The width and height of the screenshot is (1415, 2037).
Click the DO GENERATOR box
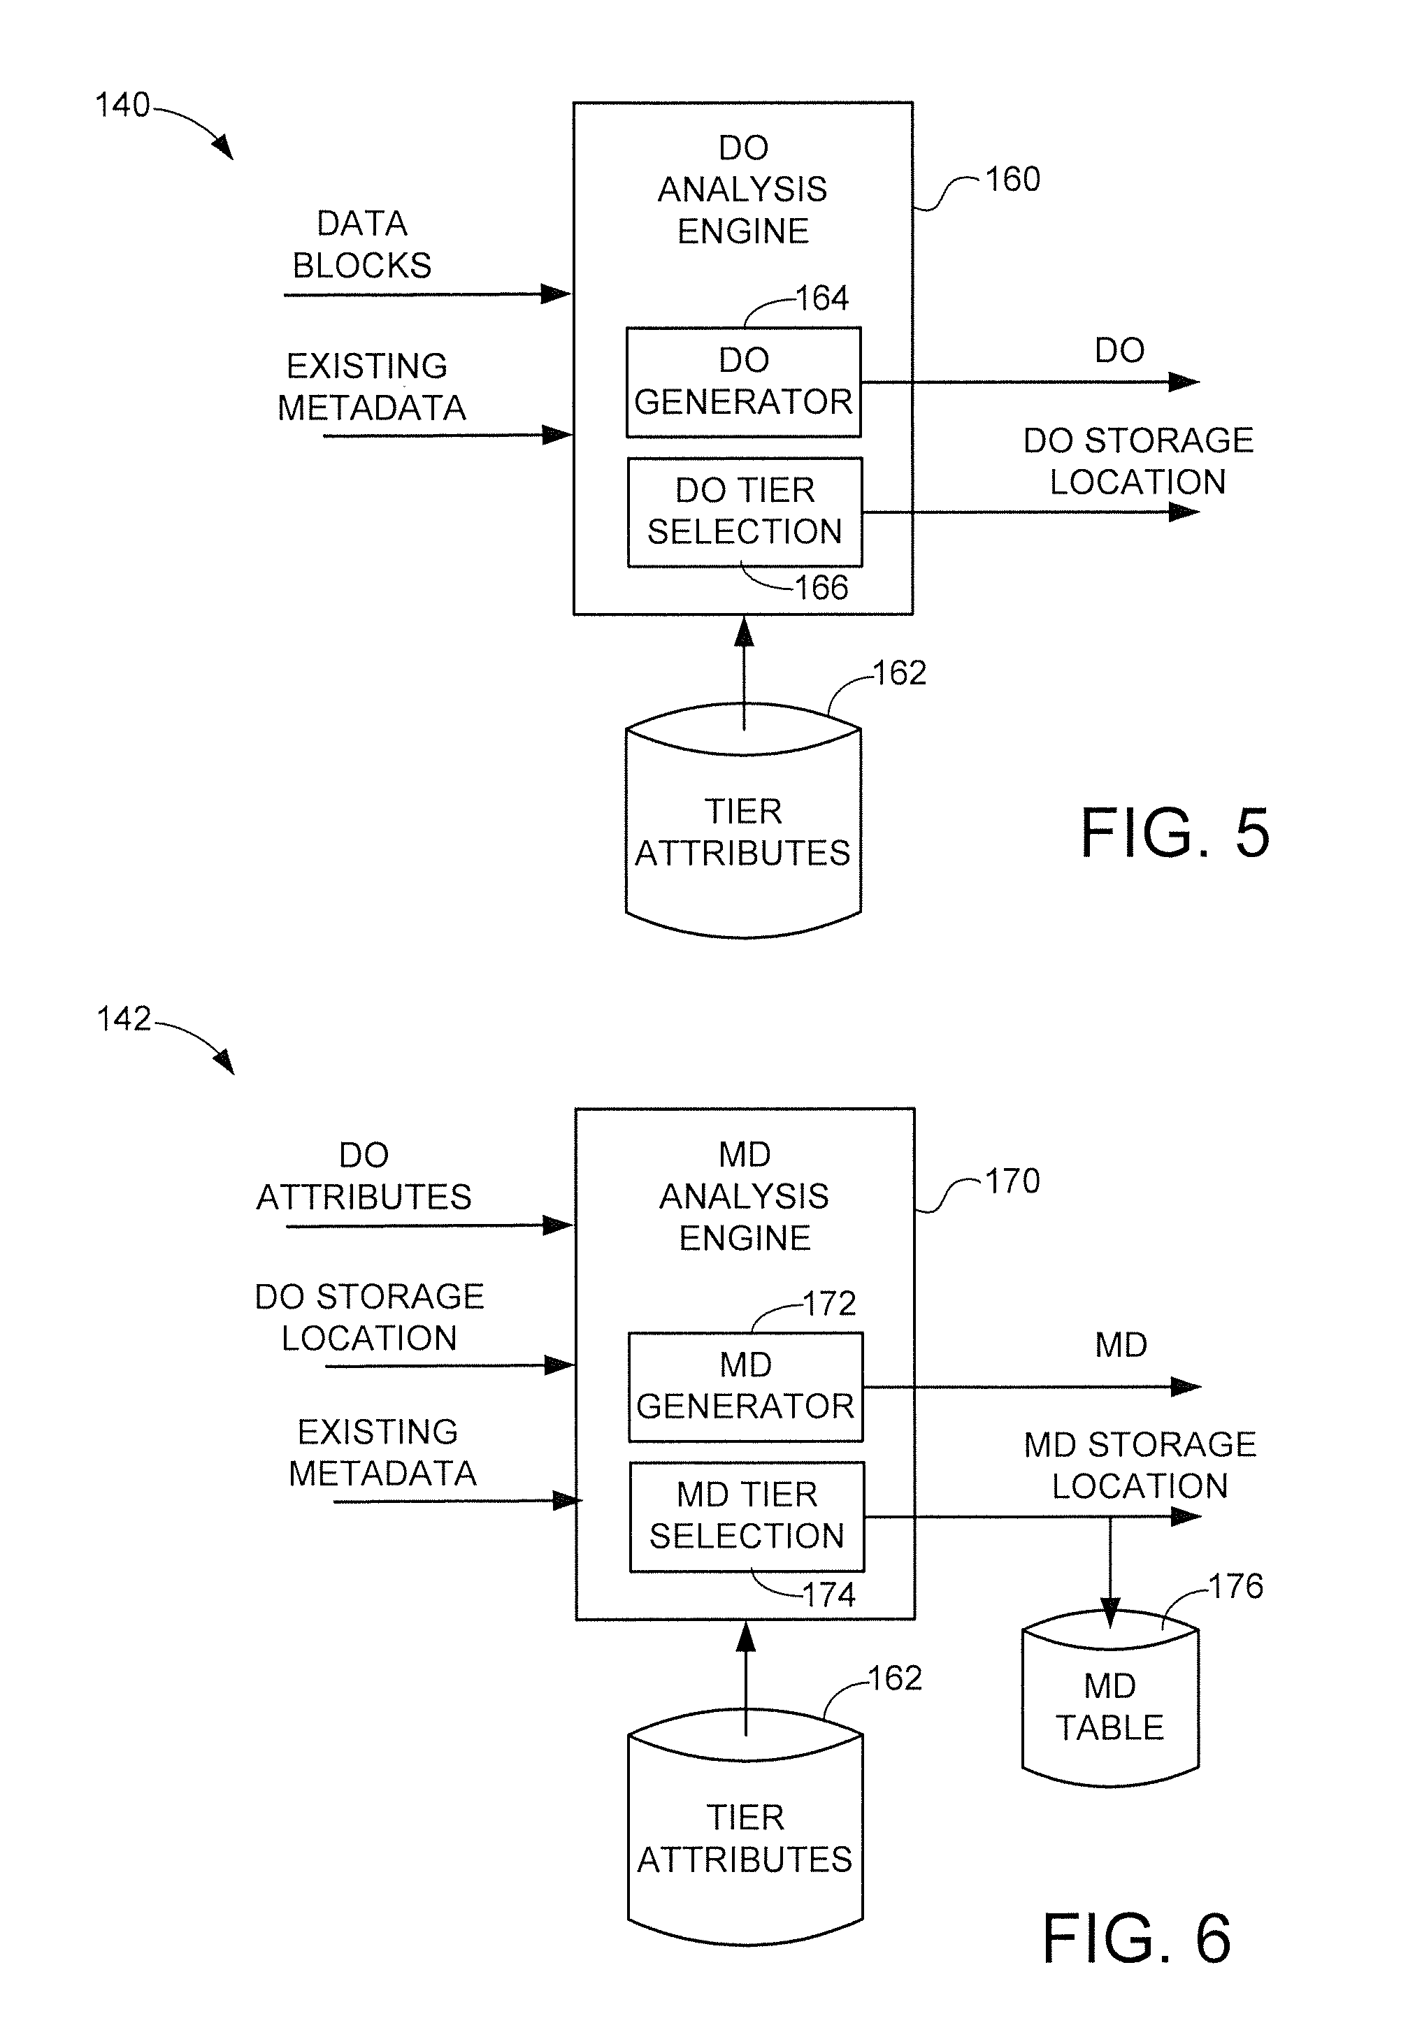[743, 382]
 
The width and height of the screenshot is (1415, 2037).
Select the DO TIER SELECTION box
[745, 512]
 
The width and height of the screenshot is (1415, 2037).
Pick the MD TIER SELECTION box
[747, 1516]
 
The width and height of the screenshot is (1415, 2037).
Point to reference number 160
[1012, 180]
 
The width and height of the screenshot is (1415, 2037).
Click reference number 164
[822, 298]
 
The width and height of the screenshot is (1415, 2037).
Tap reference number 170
[1012, 1181]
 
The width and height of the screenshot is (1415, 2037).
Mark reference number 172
[829, 1304]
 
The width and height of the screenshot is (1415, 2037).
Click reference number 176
[1236, 1586]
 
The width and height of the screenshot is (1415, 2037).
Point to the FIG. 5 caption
[1175, 833]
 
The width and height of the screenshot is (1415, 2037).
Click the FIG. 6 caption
[1137, 1938]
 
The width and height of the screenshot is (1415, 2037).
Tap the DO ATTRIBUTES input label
[364, 1176]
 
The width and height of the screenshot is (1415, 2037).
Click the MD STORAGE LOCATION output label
[1140, 1465]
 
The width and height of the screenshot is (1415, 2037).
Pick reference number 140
[122, 106]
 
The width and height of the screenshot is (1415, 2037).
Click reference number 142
[124, 1019]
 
